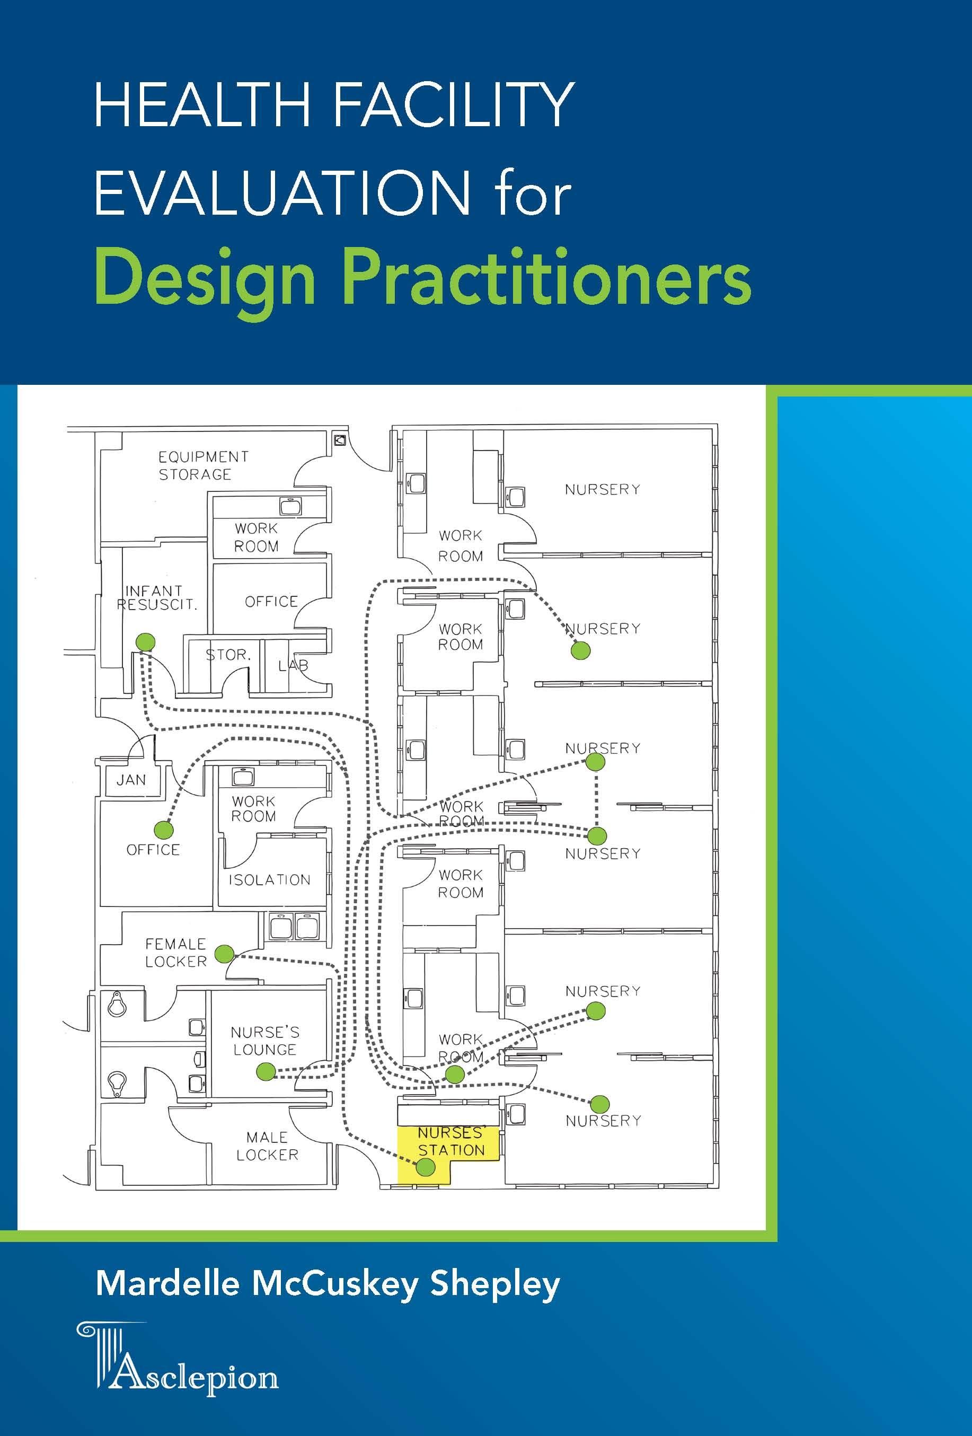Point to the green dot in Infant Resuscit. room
[145, 641]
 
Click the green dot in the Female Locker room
[224, 954]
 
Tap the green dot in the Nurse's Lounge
[266, 1071]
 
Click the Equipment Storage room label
[204, 465]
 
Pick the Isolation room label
[269, 880]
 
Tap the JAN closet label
[131, 780]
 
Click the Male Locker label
[267, 1146]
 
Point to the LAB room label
[292, 665]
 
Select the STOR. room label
[228, 654]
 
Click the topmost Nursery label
[603, 489]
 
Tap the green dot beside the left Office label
[163, 829]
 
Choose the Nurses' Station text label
[451, 1141]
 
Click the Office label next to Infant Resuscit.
[271, 601]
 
